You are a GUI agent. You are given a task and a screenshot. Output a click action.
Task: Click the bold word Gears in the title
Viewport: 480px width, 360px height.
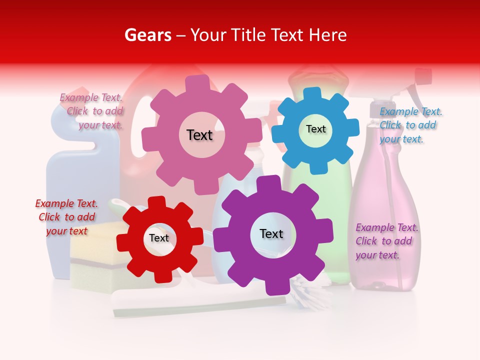[x=147, y=35]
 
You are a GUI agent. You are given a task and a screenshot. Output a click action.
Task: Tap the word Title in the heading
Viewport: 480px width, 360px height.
[x=248, y=35]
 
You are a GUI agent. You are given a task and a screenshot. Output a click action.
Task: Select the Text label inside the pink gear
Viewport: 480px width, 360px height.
[x=199, y=135]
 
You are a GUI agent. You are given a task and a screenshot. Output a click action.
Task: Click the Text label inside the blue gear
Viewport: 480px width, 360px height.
[x=316, y=129]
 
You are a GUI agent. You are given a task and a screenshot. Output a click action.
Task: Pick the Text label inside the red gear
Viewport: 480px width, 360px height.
[x=159, y=238]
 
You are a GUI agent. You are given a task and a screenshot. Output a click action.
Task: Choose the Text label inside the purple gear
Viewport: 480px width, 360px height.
[x=271, y=233]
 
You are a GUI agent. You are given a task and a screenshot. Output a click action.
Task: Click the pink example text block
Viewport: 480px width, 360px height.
[x=92, y=111]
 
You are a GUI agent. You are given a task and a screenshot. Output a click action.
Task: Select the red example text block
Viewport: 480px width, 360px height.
[x=66, y=217]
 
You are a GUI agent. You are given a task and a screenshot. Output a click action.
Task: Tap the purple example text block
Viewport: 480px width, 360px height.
[x=386, y=241]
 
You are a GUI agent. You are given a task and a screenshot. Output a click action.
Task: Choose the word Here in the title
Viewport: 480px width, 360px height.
[x=327, y=35]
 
